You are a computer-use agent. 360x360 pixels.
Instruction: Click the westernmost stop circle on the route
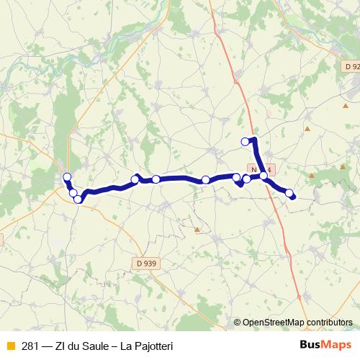(x=67, y=177)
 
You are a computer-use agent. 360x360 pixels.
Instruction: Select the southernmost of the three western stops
(x=78, y=199)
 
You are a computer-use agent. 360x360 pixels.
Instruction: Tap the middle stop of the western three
(x=73, y=192)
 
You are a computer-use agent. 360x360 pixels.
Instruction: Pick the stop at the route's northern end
(x=246, y=141)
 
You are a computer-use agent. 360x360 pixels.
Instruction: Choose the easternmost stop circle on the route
(x=289, y=192)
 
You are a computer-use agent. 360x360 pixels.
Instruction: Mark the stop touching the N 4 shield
(x=264, y=175)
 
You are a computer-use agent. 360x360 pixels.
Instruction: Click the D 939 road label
(x=145, y=264)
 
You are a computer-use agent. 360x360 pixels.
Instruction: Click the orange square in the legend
(x=9, y=346)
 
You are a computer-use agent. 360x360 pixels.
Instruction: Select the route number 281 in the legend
(x=30, y=346)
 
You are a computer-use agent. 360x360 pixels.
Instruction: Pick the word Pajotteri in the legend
(x=150, y=346)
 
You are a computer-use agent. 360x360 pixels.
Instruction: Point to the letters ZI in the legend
(x=64, y=346)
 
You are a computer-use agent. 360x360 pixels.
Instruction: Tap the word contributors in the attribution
(x=330, y=323)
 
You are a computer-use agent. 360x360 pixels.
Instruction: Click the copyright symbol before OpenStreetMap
(x=237, y=323)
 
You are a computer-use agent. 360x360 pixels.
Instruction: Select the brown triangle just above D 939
(x=197, y=230)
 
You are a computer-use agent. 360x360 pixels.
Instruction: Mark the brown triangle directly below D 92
(x=307, y=129)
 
